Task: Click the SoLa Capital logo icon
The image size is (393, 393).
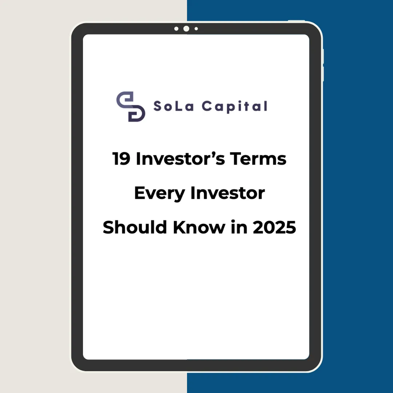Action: tap(131, 107)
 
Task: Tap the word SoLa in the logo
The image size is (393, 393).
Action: tap(174, 106)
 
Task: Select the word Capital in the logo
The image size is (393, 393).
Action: tap(235, 107)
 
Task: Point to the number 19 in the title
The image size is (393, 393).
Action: tap(121, 159)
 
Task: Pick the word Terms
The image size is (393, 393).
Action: tap(258, 159)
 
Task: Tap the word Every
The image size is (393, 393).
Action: tap(159, 194)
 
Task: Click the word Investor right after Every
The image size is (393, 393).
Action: tap(227, 193)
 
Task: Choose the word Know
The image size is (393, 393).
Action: tap(199, 227)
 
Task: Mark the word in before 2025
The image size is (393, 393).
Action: tap(239, 227)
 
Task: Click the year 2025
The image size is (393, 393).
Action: tap(274, 227)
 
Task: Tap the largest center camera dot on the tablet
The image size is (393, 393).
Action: tap(186, 29)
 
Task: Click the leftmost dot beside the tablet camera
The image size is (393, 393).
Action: tap(176, 29)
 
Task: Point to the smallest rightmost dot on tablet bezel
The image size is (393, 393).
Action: tap(196, 29)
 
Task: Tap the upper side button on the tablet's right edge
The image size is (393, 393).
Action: tap(323, 56)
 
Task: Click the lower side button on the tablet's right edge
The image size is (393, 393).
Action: tap(323, 74)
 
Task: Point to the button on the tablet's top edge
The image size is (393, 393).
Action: tap(296, 20)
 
